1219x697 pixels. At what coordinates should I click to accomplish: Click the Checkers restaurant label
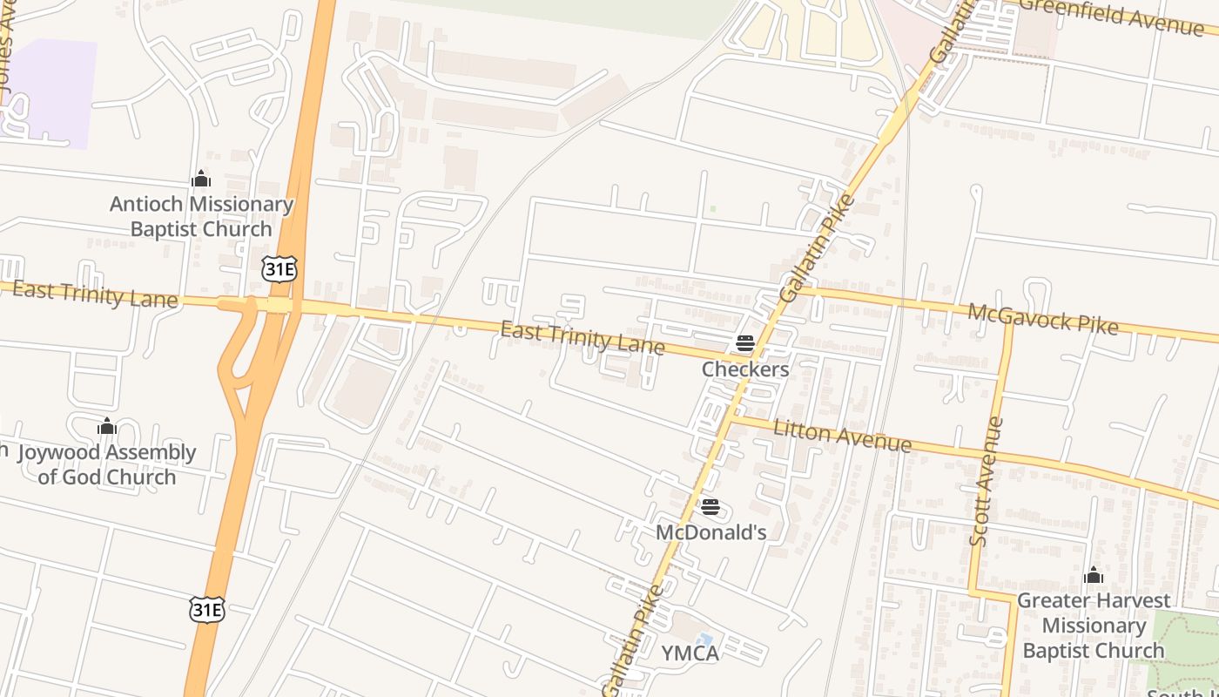click(745, 369)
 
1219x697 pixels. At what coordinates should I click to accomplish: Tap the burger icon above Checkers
click(745, 342)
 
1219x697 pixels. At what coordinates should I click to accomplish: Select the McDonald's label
click(711, 531)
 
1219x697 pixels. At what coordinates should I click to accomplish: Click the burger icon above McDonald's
click(711, 506)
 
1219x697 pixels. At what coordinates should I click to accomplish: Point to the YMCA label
click(690, 653)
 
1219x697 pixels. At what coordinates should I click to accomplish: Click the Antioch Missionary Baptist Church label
click(201, 217)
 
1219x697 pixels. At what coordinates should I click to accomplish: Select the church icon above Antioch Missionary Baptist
click(201, 179)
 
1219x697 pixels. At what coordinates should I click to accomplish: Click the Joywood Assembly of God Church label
click(107, 464)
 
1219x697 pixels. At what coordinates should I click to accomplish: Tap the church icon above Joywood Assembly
click(107, 426)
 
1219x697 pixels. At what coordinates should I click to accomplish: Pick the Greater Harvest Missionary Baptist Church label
click(1094, 626)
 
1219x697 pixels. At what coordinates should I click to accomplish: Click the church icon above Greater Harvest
click(1094, 576)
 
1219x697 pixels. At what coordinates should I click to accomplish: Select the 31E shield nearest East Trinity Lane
click(279, 269)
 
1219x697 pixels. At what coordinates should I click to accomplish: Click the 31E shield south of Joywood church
click(206, 609)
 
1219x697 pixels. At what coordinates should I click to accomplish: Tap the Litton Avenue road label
click(842, 436)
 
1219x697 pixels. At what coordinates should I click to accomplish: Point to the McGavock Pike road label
click(1042, 318)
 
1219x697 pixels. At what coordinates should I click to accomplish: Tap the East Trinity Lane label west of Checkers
click(583, 338)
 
